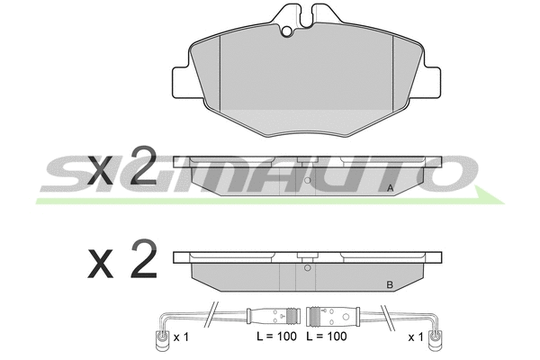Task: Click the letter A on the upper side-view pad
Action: pyautogui.click(x=391, y=188)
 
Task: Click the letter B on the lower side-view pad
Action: pyautogui.click(x=390, y=285)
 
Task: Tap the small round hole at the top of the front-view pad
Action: pyautogui.click(x=287, y=31)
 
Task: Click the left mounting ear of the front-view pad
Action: pyautogui.click(x=182, y=82)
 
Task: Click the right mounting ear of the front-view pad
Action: pyautogui.click(x=431, y=82)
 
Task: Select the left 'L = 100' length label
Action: pyautogui.click(x=276, y=337)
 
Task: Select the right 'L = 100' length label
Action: pyautogui.click(x=327, y=337)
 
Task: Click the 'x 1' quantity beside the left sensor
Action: pyautogui.click(x=181, y=337)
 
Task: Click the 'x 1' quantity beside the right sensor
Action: pyautogui.click(x=416, y=337)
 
